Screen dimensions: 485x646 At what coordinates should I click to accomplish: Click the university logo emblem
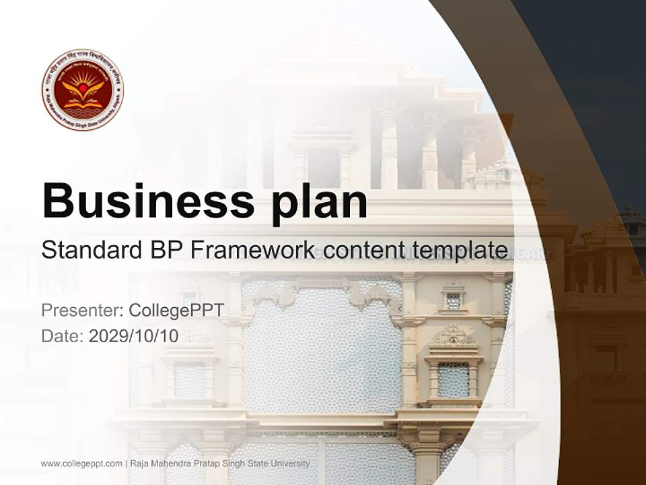pos(82,89)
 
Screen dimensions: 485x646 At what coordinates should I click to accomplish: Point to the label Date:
pos(62,336)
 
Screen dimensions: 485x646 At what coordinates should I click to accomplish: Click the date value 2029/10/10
pos(134,336)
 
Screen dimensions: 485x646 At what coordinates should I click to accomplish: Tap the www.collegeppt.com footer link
pos(81,463)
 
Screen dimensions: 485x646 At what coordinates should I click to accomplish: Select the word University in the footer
pos(291,463)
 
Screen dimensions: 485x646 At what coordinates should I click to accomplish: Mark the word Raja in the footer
pos(139,463)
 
